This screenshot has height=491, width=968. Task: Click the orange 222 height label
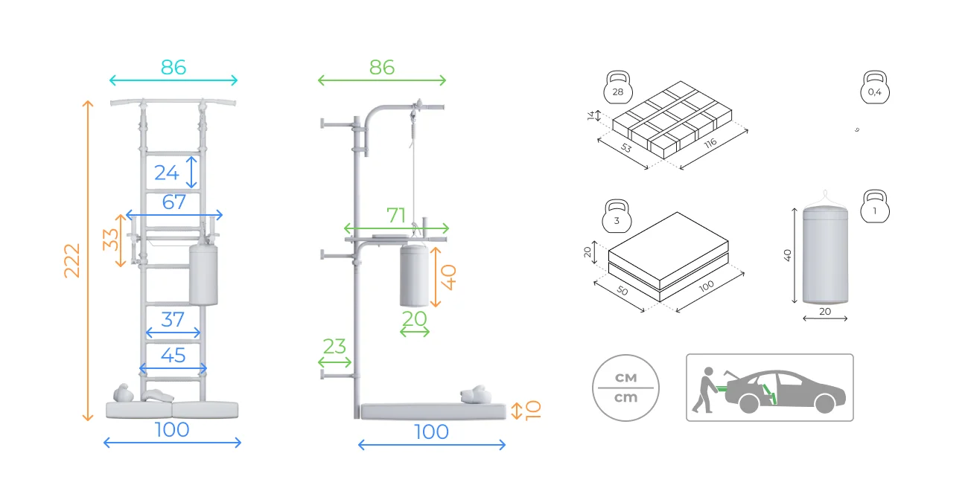pyautogui.click(x=71, y=260)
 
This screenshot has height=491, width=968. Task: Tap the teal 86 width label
pyautogui.click(x=173, y=68)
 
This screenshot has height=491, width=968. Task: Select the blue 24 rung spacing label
pyautogui.click(x=166, y=173)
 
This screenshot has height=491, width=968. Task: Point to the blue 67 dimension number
pyautogui.click(x=173, y=202)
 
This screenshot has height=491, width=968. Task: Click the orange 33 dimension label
pyautogui.click(x=110, y=240)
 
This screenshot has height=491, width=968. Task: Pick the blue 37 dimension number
pyautogui.click(x=173, y=320)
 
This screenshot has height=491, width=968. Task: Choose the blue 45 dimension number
pyautogui.click(x=173, y=355)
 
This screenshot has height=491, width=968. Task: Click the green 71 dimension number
pyautogui.click(x=396, y=216)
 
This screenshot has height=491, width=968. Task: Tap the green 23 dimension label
pyautogui.click(x=334, y=347)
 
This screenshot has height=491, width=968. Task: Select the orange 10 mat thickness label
pyautogui.click(x=533, y=410)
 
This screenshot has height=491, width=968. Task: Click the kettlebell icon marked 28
pyautogui.click(x=618, y=87)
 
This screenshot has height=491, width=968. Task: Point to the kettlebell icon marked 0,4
pyautogui.click(x=875, y=87)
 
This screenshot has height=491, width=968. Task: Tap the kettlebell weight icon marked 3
pyautogui.click(x=617, y=216)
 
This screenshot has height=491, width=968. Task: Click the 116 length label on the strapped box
pyautogui.click(x=710, y=143)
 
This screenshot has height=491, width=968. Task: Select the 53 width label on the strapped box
pyautogui.click(x=626, y=148)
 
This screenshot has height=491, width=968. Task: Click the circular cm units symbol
pyautogui.click(x=625, y=388)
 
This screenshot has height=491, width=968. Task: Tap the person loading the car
pyautogui.click(x=704, y=390)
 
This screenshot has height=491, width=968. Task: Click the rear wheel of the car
pyautogui.click(x=749, y=403)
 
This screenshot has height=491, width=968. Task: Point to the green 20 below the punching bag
pyautogui.click(x=415, y=319)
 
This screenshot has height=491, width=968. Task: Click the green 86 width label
pyautogui.click(x=381, y=68)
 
